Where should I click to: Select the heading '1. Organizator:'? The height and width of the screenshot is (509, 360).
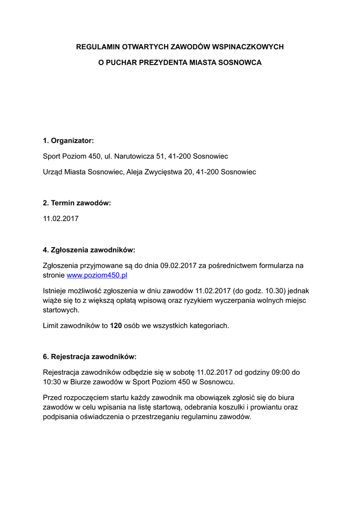tap(68, 141)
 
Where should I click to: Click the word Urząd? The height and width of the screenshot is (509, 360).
tap(53, 172)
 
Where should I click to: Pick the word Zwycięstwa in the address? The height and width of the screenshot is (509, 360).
tap(165, 172)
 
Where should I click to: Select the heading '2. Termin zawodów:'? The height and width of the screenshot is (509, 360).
tap(77, 203)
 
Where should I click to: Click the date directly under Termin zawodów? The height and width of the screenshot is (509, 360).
tap(61, 218)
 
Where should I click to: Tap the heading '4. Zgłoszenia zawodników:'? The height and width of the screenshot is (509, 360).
tap(89, 250)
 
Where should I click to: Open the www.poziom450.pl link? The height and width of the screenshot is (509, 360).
tap(97, 275)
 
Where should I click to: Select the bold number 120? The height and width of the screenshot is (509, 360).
tap(116, 326)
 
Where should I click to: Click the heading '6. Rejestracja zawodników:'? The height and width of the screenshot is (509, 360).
tap(90, 356)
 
